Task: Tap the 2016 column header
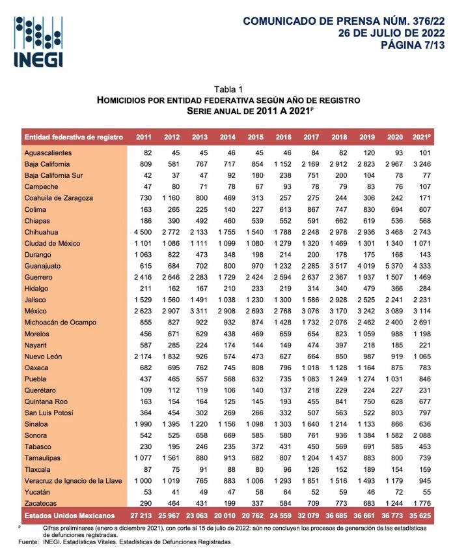coord(284,137)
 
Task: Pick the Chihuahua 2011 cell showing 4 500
coord(143,231)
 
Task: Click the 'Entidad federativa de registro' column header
coord(74,137)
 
